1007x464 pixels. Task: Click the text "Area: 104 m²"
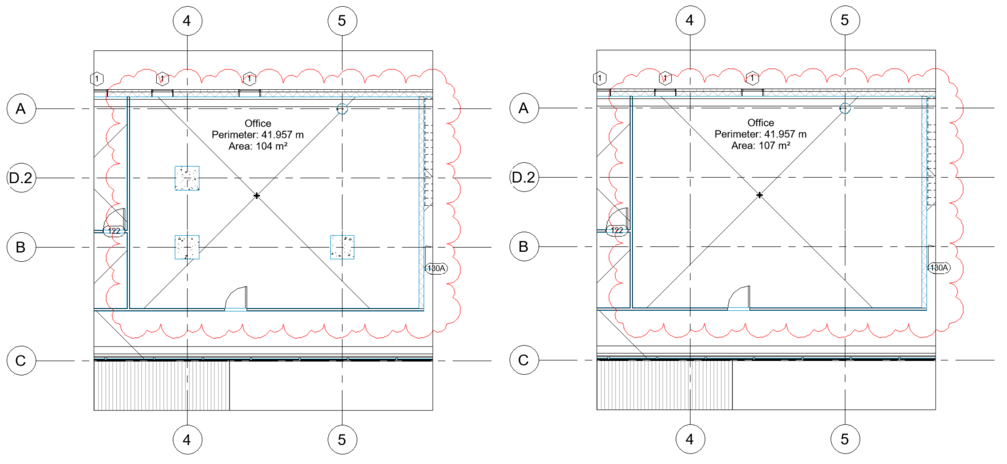(258, 146)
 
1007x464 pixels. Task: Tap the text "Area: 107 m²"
(760, 146)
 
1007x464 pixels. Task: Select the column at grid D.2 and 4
(187, 178)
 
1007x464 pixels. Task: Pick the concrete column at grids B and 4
(187, 247)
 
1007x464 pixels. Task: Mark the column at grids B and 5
(342, 247)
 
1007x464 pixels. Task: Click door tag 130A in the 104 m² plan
(436, 269)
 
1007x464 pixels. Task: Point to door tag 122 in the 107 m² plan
(617, 230)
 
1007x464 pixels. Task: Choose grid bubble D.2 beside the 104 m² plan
(21, 178)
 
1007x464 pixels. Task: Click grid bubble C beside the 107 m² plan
(524, 360)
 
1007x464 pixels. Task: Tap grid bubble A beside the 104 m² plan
(21, 109)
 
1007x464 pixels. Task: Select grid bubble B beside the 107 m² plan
(524, 247)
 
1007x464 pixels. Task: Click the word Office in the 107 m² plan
(760, 123)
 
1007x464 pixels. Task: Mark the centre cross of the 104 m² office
(257, 195)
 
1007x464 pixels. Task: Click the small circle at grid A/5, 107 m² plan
(845, 108)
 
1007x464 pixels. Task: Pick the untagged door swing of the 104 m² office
(237, 299)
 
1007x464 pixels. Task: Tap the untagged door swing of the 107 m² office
(740, 298)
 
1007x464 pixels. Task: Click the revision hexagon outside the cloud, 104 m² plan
(97, 79)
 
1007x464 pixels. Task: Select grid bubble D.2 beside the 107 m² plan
(524, 178)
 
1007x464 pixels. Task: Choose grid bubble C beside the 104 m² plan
(21, 361)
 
